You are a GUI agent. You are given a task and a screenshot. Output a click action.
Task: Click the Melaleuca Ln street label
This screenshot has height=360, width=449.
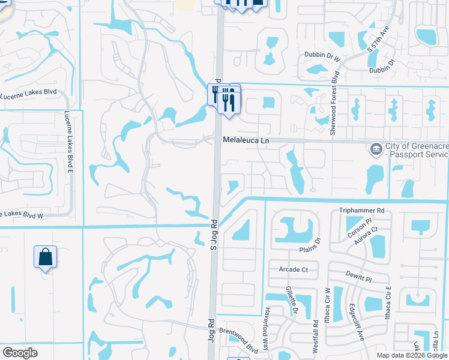[247, 140]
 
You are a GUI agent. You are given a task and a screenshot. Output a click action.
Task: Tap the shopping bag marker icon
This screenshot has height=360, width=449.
[45, 257]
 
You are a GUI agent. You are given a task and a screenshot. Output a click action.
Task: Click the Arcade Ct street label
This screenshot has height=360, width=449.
[293, 270]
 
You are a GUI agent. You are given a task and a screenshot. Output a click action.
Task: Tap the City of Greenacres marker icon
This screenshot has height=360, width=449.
[376, 147]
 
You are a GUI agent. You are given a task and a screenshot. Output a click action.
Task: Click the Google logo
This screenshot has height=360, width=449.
[20, 353]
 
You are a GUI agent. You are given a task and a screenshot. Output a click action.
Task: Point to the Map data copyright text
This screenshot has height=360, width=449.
[411, 355]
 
